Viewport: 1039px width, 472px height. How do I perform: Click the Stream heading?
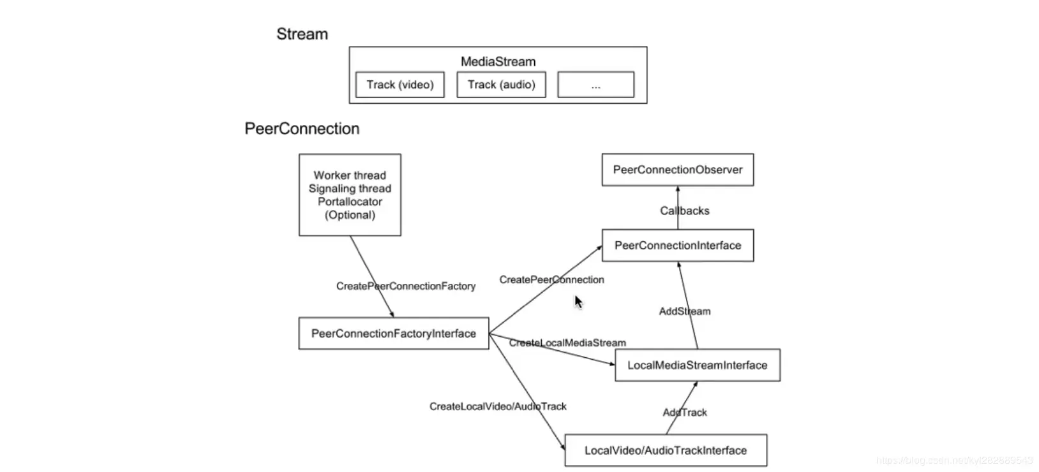(302, 34)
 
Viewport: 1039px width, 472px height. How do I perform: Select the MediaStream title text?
(498, 62)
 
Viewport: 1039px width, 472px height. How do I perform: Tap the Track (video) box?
(400, 85)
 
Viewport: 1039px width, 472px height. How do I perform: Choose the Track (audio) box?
(501, 85)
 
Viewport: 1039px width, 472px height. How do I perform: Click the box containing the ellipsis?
(595, 85)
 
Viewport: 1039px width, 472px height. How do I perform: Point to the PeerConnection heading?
(302, 129)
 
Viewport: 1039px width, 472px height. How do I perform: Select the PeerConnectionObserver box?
(677, 170)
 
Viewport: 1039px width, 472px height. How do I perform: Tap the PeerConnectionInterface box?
(677, 246)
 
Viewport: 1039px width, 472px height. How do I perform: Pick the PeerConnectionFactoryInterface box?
(393, 334)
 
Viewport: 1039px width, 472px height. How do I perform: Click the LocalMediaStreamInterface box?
(697, 365)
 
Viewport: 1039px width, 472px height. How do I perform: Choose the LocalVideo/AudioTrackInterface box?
(665, 450)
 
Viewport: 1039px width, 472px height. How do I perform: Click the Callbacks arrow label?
(684, 210)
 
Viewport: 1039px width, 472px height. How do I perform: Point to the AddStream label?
(684, 311)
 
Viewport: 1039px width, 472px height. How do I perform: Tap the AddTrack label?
(684, 413)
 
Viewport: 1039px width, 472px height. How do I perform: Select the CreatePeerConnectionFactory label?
(405, 286)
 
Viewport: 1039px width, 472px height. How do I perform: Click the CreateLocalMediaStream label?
(567, 343)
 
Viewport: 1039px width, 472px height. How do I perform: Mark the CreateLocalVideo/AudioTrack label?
(497, 406)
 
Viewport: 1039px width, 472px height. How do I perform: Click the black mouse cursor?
(578, 302)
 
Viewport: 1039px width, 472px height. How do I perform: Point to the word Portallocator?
(350, 202)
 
